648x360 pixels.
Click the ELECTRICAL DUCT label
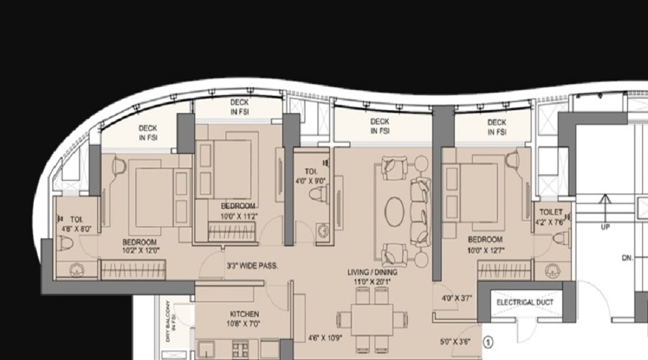pos(525,302)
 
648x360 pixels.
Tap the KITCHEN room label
pos(245,314)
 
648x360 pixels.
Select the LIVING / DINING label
pos(372,272)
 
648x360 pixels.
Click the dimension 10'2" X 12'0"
pos(140,251)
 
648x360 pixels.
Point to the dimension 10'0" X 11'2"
pos(238,216)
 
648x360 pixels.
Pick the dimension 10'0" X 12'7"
pos(486,250)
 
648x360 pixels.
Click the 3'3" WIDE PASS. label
pos(252,266)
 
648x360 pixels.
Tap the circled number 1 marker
pos(488,342)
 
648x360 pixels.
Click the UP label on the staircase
pos(605,227)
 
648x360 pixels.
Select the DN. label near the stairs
pos(627,258)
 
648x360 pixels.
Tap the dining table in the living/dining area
pos(372,320)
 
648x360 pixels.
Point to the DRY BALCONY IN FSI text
pos(170,320)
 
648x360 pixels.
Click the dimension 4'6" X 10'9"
pos(325,338)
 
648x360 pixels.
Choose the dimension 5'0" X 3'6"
pos(455,342)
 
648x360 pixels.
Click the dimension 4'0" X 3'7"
pos(456,297)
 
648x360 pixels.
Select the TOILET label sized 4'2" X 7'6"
pos(551,212)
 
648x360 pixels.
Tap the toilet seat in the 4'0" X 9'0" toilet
pos(319,194)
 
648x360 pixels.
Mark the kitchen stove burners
pos(240,349)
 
